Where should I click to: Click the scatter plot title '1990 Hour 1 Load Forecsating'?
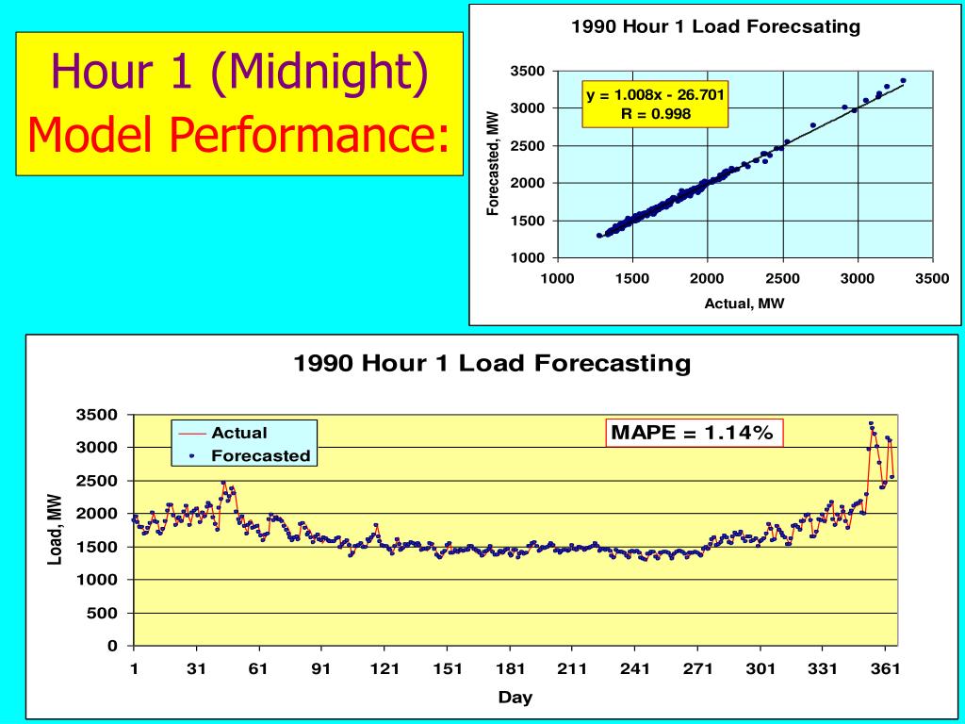coord(715,26)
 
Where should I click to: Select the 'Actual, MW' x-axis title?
coord(744,303)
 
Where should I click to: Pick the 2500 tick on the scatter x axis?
coord(782,278)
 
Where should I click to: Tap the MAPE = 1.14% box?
coord(693,433)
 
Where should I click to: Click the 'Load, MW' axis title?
coord(56,530)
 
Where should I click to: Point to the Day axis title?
coord(515,698)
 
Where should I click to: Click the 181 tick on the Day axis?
coord(510,669)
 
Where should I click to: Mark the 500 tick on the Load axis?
coord(105,613)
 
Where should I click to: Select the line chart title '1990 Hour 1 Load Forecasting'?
coord(493,363)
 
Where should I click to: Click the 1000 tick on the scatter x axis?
coord(557,278)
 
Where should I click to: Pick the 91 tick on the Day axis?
coord(322,669)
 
